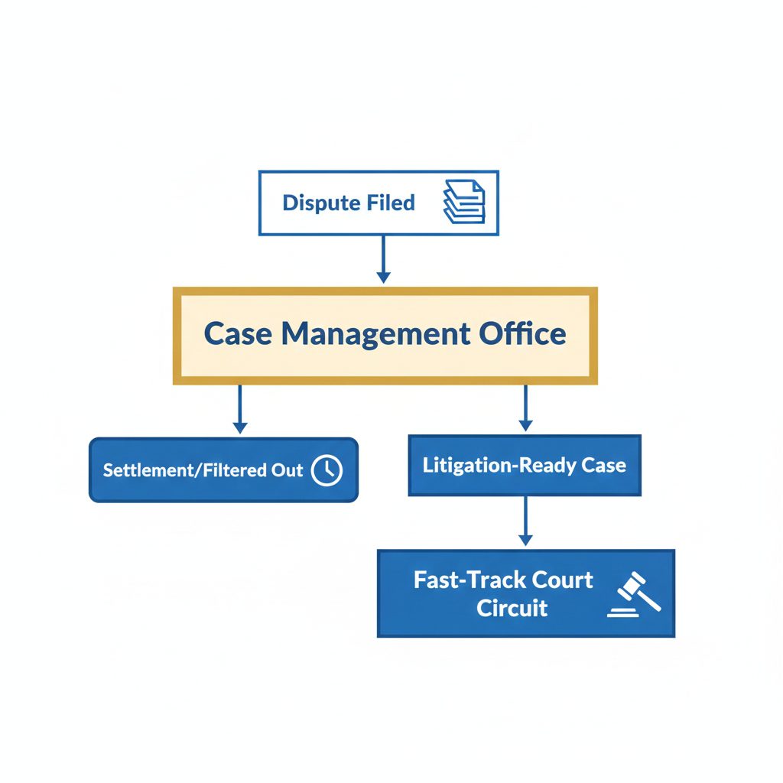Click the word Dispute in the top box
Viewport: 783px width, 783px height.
(317, 203)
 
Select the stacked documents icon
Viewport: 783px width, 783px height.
(463, 203)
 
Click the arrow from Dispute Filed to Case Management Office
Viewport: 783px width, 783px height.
(384, 259)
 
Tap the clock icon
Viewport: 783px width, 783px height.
(327, 470)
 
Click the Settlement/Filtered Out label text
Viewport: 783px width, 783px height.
(203, 470)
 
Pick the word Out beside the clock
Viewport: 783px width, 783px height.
(288, 470)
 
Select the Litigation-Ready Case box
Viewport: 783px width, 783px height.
(525, 466)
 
